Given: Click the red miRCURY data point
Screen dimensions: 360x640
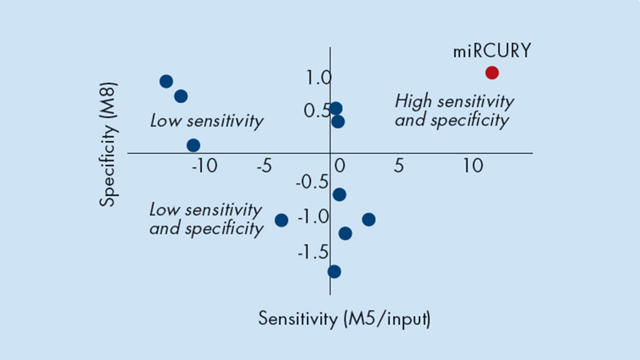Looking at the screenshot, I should coord(492,73).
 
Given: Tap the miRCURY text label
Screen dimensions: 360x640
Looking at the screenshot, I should coord(492,51).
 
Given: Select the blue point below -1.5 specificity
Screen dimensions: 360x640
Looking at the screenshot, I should coord(334,271).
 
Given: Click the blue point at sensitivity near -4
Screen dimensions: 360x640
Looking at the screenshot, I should coord(282,220).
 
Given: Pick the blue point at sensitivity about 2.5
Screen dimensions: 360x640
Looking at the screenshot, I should coord(369,219).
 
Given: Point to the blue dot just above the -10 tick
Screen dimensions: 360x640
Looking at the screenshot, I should coord(194,145).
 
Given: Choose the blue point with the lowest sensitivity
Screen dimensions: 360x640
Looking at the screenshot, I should coord(166,81).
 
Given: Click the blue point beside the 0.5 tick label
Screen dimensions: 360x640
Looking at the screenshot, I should coord(335,108).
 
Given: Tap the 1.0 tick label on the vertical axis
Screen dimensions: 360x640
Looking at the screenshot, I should coord(319,79).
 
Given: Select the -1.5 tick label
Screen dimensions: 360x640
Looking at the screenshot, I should coord(313,252).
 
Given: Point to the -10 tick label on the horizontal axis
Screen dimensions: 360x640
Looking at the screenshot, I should coord(204,166).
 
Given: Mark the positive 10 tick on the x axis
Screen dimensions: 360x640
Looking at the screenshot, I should coord(473,166).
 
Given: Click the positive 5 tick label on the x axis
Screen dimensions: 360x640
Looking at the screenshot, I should coord(398,166).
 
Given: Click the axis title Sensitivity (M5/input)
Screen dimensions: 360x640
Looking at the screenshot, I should coord(345,319).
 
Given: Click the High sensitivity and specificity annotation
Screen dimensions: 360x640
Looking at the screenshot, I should coord(454,111).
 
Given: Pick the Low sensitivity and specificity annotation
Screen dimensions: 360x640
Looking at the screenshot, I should coord(206,219).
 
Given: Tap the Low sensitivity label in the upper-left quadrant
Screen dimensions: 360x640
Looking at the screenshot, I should coord(207,121).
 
